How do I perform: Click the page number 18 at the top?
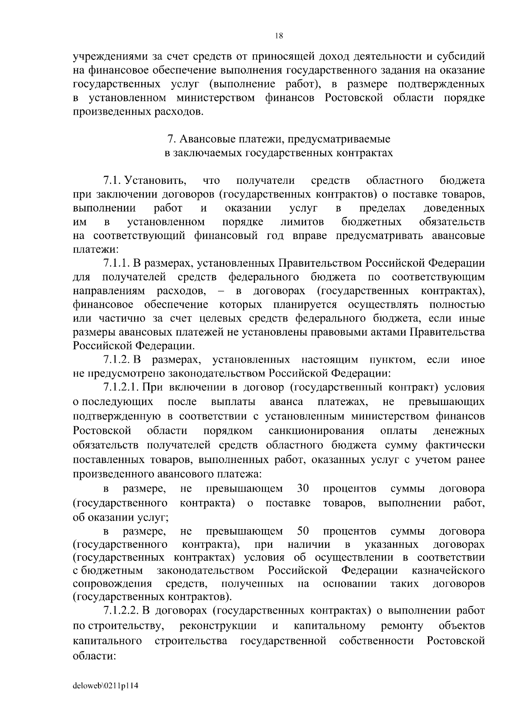point(279,36)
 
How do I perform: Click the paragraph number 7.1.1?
point(116,263)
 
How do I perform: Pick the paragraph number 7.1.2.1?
point(121,387)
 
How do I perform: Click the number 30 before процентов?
point(303,488)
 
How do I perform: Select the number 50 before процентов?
point(303,531)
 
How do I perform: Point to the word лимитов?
point(302,222)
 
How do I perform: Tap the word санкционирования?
point(316,431)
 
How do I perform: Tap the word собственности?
point(376,640)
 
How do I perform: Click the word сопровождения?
point(112,583)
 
